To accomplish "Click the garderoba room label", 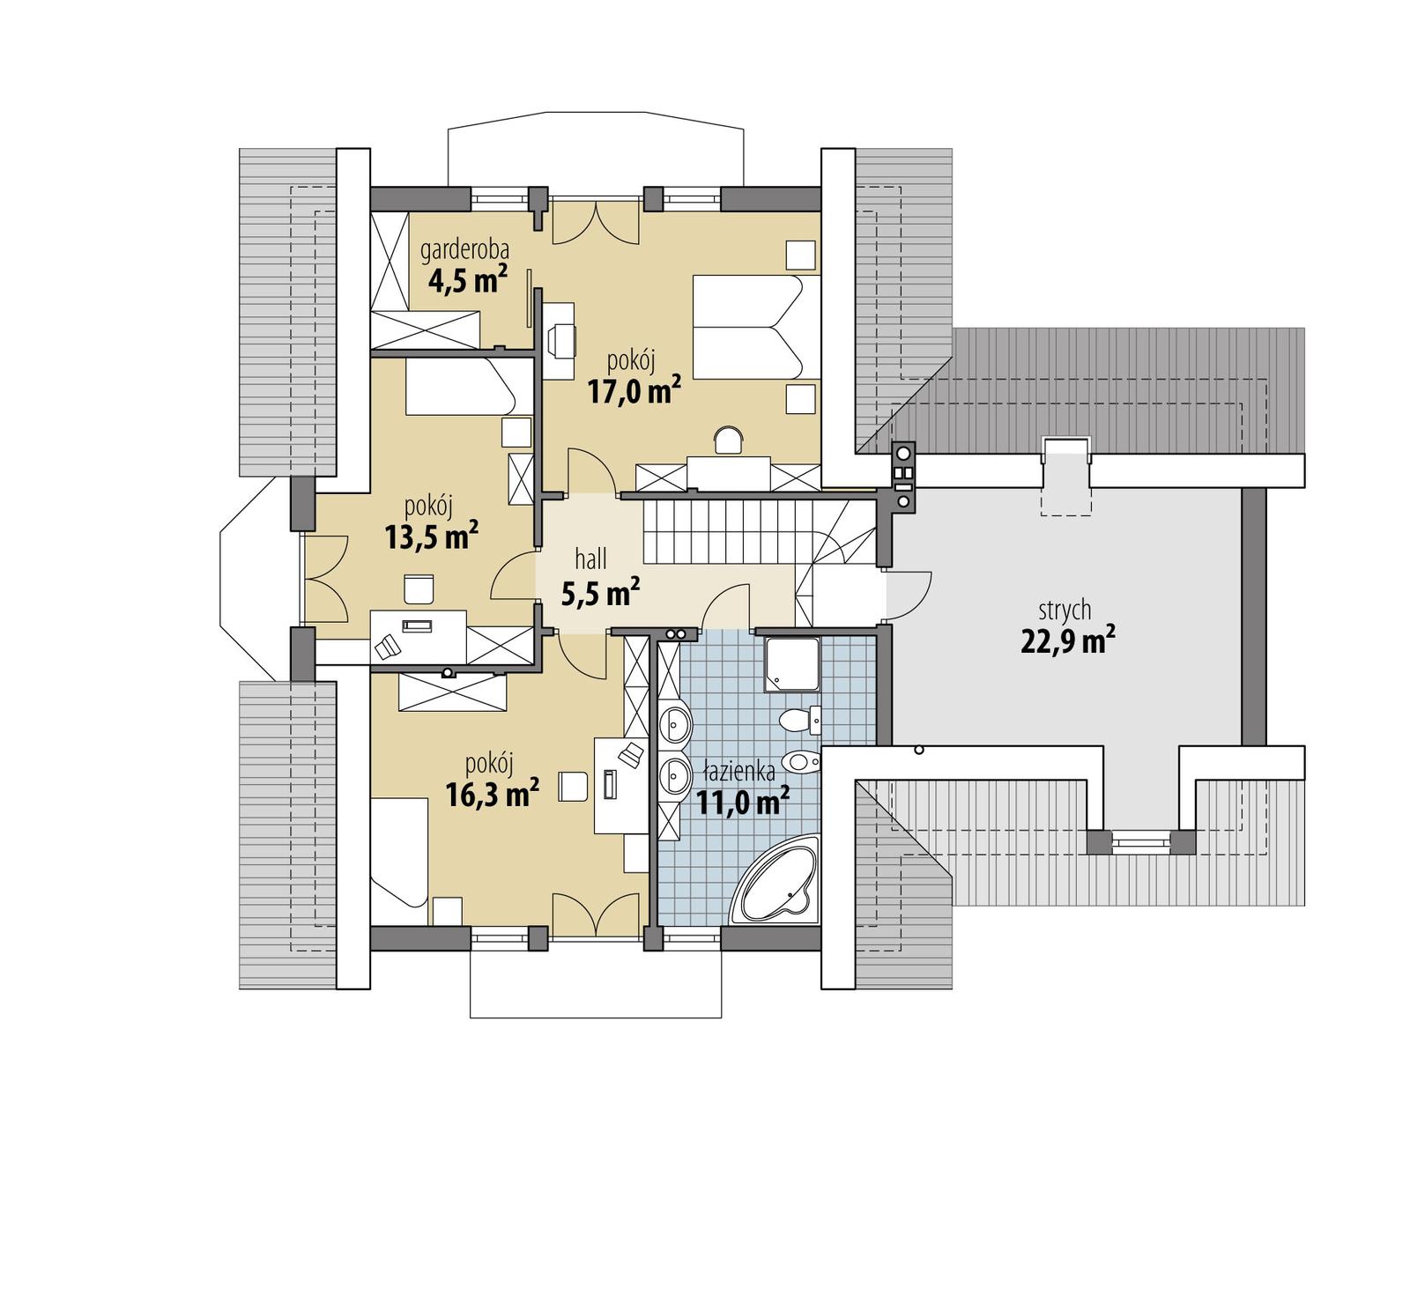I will tap(464, 250).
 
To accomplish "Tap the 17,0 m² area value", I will tap(634, 389).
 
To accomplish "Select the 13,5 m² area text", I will tap(432, 536).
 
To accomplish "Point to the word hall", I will tap(590, 559).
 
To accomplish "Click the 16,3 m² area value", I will tap(492, 795).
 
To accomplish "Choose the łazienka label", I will tap(738, 773).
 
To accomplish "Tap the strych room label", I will tap(1065, 610).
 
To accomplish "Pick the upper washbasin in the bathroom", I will tap(676, 724).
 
